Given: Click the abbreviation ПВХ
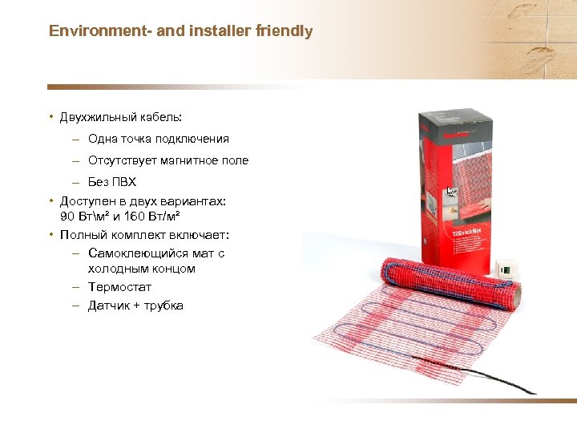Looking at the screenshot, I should [x=124, y=182].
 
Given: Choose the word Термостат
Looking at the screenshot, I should [x=119, y=286].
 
